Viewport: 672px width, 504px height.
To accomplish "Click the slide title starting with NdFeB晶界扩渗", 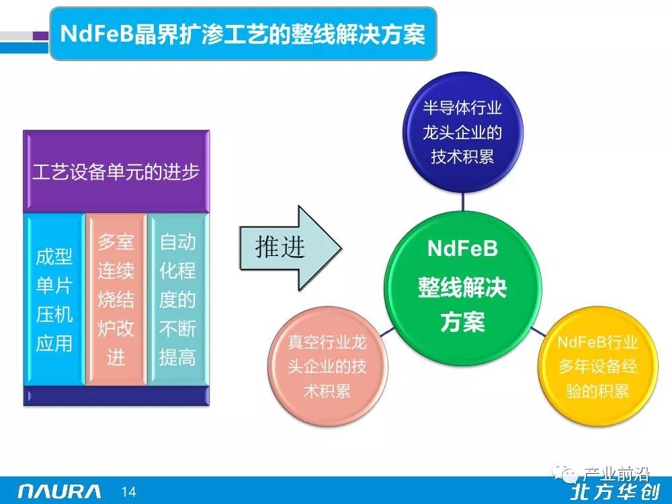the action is click(243, 34).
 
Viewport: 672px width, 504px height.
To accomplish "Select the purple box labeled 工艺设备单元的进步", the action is click(116, 171).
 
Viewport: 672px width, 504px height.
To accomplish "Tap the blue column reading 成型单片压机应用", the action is click(54, 300).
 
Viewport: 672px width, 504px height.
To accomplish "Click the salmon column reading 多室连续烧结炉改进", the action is click(116, 300).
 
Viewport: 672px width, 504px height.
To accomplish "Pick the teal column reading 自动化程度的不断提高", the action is click(178, 300).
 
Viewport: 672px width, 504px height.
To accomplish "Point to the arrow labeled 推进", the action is click(290, 248).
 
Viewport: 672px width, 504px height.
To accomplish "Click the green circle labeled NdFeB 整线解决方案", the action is click(463, 288).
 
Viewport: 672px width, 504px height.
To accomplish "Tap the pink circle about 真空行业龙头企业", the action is click(327, 366).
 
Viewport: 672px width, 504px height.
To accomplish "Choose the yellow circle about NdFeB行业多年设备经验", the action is click(598, 366).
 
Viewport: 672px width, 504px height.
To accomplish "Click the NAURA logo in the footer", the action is click(60, 491).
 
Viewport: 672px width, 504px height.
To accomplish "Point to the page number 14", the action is click(128, 492).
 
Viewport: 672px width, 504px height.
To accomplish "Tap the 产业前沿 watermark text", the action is click(616, 474).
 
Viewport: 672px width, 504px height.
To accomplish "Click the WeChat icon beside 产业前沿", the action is click(566, 473).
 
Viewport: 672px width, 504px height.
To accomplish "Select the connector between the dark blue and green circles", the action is click(463, 202).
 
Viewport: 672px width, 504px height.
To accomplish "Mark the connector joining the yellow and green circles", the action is click(538, 331).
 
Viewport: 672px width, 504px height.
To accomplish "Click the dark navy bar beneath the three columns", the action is click(116, 396).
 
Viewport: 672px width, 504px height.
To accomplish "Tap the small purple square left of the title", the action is click(41, 36).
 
